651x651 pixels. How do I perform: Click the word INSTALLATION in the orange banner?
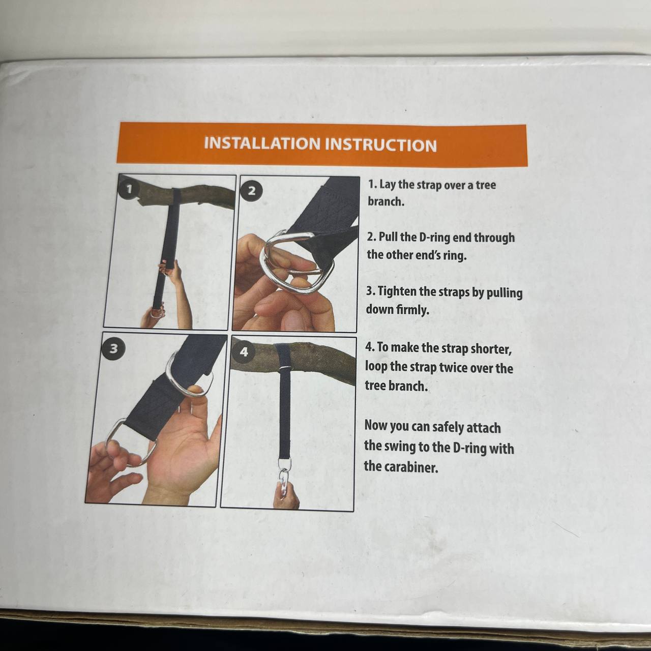click(x=262, y=143)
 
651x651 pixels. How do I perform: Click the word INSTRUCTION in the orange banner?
click(x=380, y=144)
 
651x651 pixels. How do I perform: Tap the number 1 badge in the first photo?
click(x=129, y=190)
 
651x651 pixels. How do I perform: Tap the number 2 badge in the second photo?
click(x=252, y=191)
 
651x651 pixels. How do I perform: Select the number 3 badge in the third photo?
click(x=113, y=348)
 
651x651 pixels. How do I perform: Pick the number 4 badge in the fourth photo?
click(x=244, y=352)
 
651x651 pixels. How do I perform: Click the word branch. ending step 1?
click(x=386, y=202)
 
